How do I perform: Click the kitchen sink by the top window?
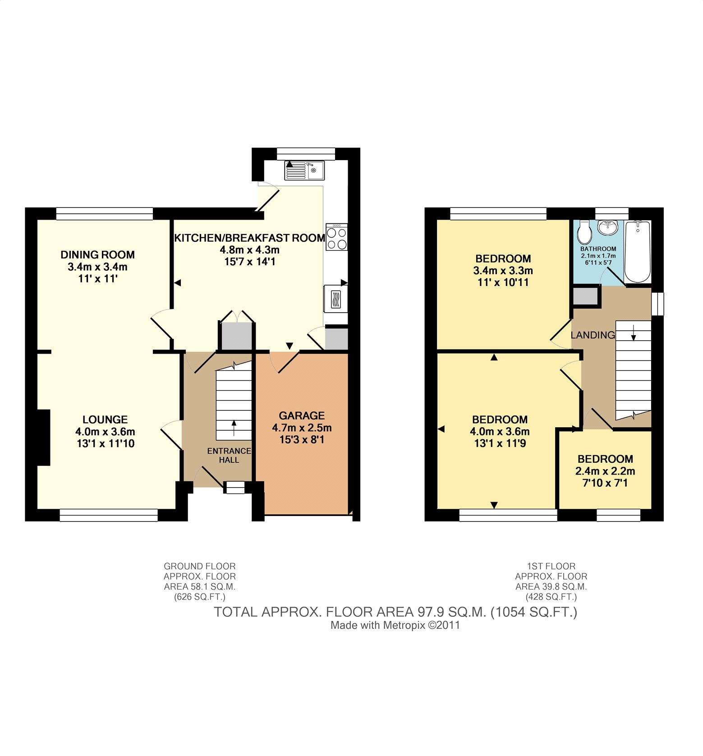304,170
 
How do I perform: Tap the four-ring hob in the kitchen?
336,237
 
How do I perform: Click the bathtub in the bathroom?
638,251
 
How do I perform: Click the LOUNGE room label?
105,419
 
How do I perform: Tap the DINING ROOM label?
98,255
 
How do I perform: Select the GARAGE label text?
302,415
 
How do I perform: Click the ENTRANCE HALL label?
229,456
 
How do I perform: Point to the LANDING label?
593,335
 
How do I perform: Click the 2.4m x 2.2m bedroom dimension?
605,471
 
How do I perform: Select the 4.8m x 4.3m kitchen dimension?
249,249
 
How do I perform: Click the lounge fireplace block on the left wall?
43,437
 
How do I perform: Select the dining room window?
105,214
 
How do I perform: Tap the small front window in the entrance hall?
234,488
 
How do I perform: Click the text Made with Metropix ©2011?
395,625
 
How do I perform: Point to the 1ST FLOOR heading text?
551,566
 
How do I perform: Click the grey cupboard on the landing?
585,296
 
